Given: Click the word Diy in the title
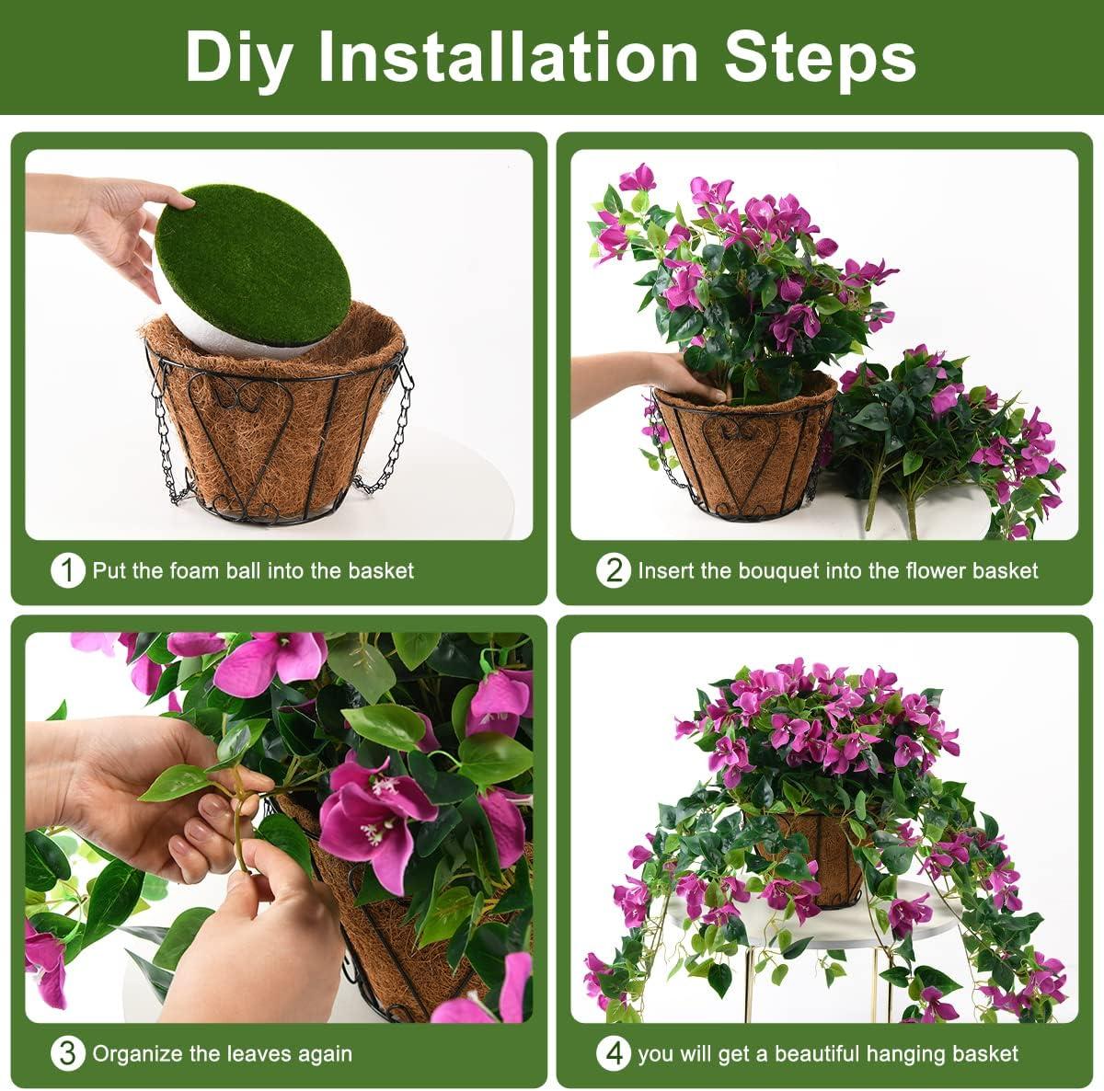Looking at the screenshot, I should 238,57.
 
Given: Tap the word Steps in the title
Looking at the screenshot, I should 821,57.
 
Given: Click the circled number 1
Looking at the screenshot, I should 67,571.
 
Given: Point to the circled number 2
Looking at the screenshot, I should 614,571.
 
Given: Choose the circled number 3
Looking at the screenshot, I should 67,1053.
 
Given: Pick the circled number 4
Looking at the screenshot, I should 614,1053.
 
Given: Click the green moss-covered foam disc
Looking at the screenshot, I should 253,267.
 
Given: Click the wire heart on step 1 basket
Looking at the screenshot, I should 242,405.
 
